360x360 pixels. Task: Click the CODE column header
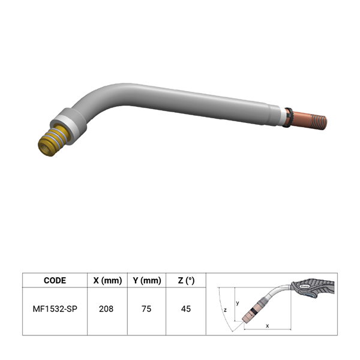click(55, 280)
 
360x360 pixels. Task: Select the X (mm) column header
click(107, 280)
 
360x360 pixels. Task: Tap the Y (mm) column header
click(147, 280)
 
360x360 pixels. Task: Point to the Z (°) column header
click(186, 280)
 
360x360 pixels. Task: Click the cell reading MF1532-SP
click(55, 309)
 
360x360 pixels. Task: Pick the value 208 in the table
click(106, 309)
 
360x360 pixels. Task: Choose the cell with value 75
click(146, 309)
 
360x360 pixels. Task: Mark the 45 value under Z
click(186, 309)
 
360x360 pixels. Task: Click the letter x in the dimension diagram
click(267, 326)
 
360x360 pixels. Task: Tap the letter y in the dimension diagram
click(238, 303)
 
